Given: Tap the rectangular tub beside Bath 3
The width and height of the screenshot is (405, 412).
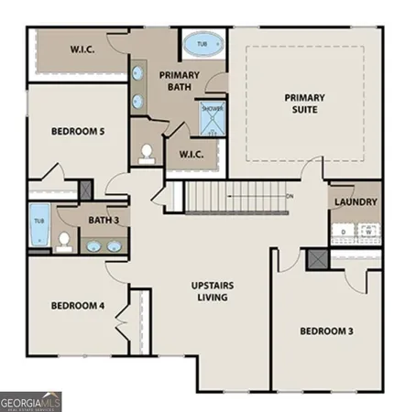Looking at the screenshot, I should [x=39, y=229].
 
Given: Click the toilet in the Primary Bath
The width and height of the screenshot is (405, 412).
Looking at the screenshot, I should [x=146, y=155].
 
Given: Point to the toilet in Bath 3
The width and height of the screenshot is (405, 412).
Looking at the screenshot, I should [x=64, y=241].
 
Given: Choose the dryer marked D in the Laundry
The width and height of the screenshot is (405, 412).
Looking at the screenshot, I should [x=344, y=233].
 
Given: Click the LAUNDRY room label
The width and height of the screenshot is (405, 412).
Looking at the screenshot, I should [x=355, y=201].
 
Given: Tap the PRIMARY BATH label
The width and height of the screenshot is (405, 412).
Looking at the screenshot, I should [x=180, y=81].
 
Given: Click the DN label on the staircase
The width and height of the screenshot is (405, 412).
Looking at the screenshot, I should [x=290, y=196].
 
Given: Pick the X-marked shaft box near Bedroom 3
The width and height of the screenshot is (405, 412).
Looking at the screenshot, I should [x=317, y=259].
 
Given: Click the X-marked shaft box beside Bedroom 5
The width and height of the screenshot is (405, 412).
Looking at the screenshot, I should [x=85, y=190].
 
